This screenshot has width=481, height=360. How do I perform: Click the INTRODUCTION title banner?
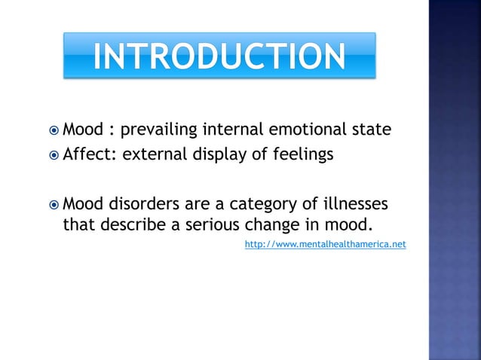tap(219, 55)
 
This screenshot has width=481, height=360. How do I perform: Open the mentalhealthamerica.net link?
tap(326, 245)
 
